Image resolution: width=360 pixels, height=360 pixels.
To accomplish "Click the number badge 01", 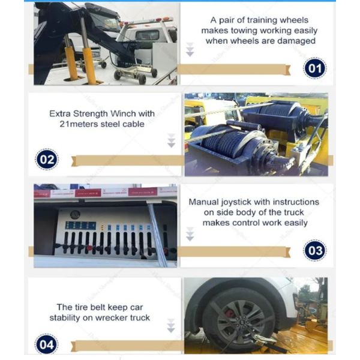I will (314, 69).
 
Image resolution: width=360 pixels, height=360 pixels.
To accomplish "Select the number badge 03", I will (314, 250).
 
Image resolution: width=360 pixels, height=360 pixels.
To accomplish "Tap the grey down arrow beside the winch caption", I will (171, 140).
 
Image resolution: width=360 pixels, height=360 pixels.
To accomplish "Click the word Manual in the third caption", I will (204, 202).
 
